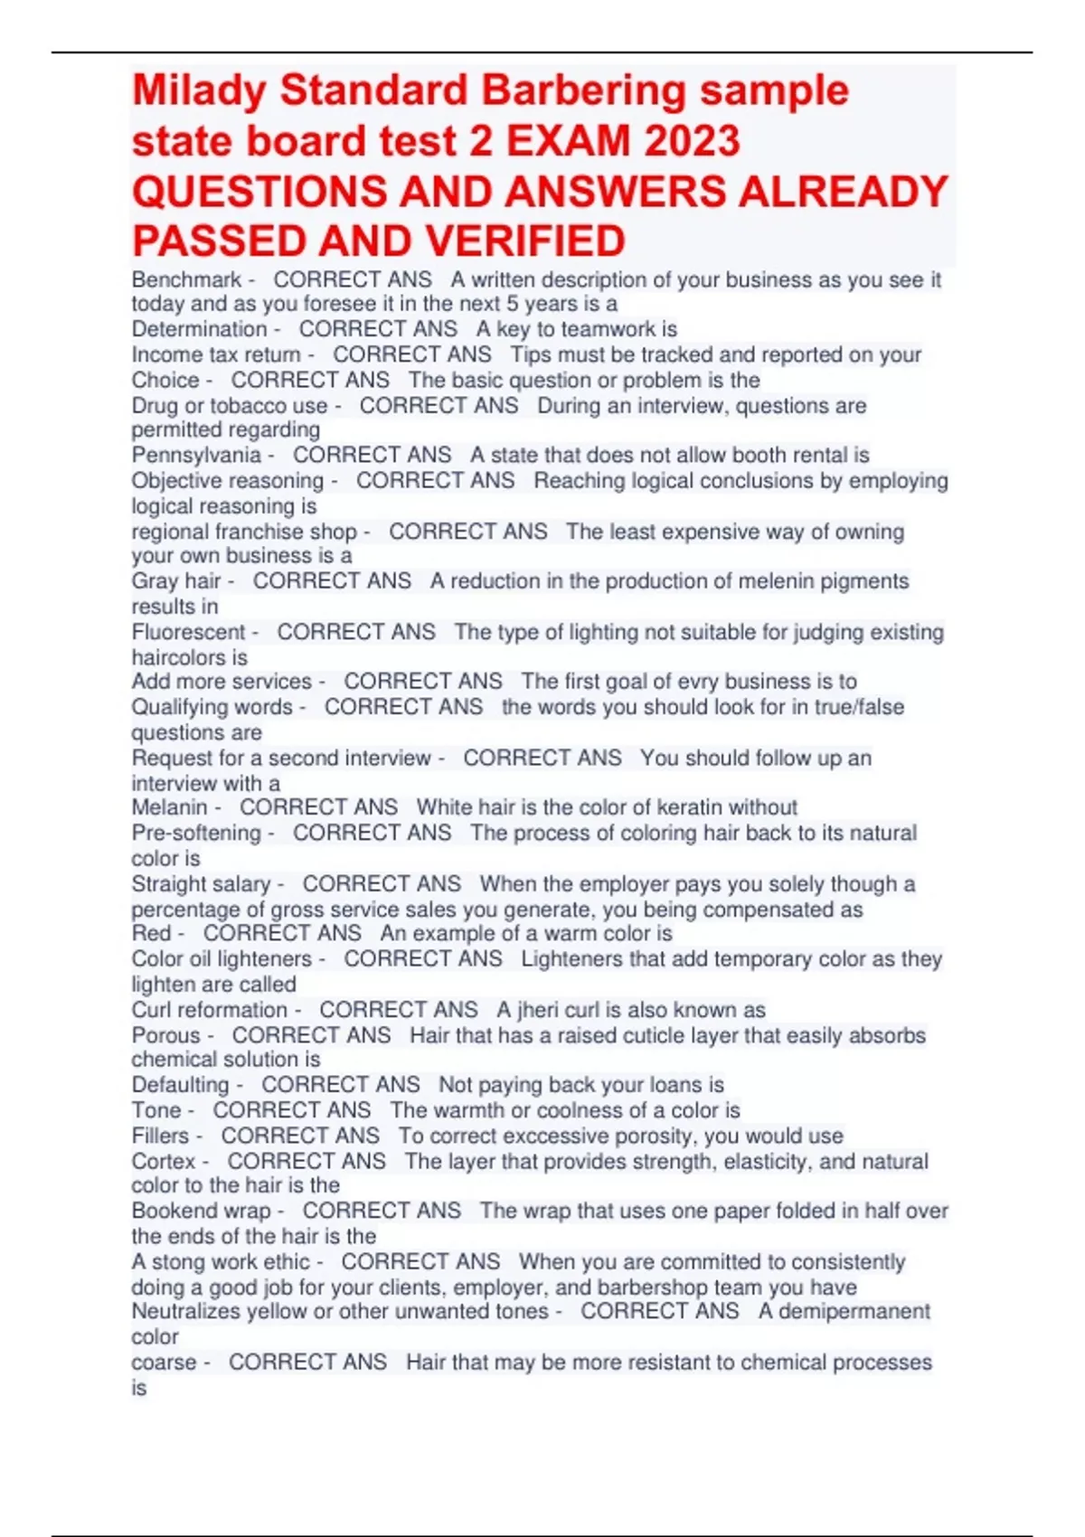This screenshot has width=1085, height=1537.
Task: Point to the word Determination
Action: (x=199, y=330)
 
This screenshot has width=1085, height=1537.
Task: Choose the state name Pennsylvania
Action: (x=196, y=456)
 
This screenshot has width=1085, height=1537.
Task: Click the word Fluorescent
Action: (x=188, y=633)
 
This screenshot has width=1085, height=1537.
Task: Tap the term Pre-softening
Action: (x=196, y=834)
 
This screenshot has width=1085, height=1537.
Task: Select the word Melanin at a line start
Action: (x=169, y=807)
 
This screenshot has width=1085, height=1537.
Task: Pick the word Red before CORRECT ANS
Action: (x=150, y=934)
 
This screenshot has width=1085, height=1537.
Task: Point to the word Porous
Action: (x=165, y=1036)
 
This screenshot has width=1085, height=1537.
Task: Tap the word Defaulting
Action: (x=180, y=1085)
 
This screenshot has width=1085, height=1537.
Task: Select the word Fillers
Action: (x=160, y=1136)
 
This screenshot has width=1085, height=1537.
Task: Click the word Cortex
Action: (x=163, y=1162)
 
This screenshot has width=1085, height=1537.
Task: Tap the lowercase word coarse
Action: (x=164, y=1363)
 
